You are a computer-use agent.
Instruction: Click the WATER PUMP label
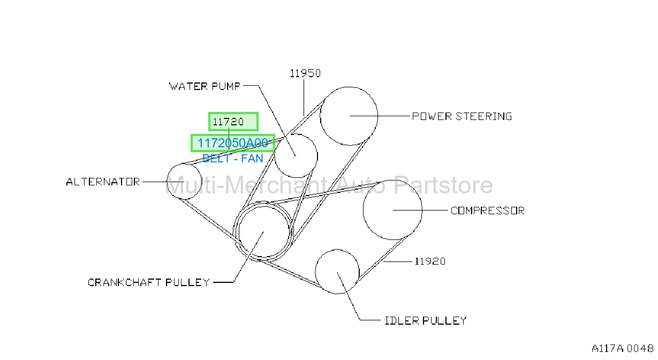click(205, 86)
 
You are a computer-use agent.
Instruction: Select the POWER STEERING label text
click(462, 116)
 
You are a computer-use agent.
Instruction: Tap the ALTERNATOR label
click(103, 182)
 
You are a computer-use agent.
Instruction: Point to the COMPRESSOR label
click(488, 211)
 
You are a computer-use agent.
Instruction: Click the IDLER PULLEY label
click(426, 320)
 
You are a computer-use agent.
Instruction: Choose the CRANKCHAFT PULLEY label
click(149, 282)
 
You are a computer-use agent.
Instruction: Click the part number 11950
click(305, 73)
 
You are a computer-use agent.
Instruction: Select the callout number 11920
click(430, 261)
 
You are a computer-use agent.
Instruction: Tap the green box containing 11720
click(233, 122)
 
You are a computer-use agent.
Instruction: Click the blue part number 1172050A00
click(233, 143)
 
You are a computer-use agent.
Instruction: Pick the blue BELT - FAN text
click(233, 159)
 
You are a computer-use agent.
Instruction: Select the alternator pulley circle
click(167, 182)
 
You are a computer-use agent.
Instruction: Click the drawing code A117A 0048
click(622, 349)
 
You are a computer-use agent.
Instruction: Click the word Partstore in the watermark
click(443, 185)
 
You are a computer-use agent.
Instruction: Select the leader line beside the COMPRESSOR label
click(420, 211)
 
